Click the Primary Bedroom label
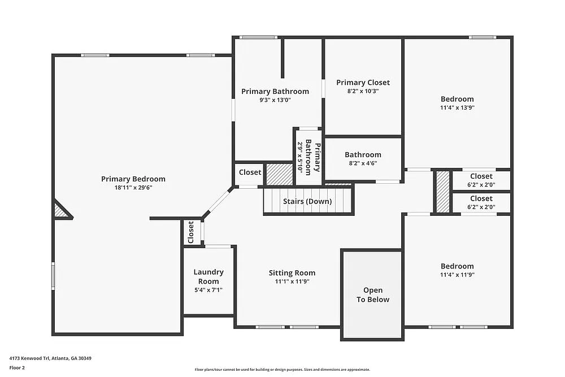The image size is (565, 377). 133,179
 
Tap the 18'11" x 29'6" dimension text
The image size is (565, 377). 133,188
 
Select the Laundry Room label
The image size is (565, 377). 208,276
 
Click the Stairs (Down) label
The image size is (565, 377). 307,202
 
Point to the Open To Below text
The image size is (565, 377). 372,295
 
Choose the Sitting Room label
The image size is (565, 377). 292,273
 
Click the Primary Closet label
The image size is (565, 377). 363,83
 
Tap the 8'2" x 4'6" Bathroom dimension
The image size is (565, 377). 363,163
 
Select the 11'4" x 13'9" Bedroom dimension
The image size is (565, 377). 457,107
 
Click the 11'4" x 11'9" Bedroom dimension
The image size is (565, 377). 457,275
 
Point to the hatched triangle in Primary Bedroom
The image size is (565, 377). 60,211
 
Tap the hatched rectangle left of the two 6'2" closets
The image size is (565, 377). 443,192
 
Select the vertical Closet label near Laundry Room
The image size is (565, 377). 191,231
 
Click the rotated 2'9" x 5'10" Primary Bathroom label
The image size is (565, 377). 309,157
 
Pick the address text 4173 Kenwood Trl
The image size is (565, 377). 50,358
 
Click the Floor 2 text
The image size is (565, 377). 17,367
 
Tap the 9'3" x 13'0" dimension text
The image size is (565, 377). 275,100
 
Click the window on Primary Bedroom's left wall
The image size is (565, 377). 54,276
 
